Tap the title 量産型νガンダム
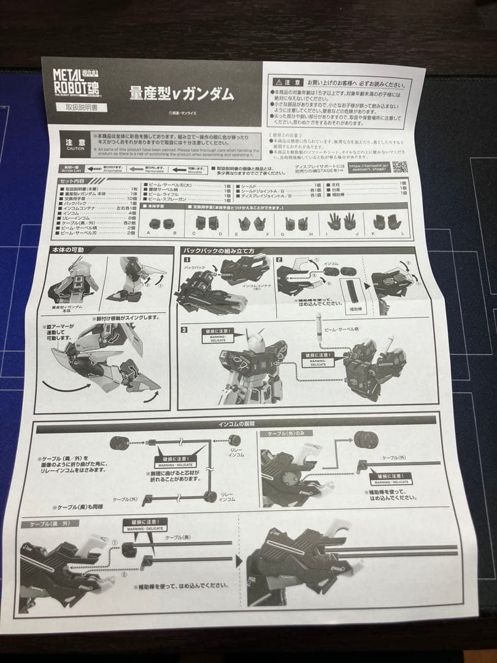coord(181,93)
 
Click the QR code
coord(399,166)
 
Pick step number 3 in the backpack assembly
coord(185,330)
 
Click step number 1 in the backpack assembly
coord(186,260)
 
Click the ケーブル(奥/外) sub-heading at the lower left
coord(45,524)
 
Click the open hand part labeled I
coord(335,221)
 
